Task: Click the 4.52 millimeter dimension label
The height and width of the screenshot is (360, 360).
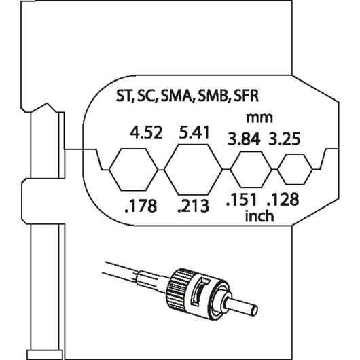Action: click(x=146, y=132)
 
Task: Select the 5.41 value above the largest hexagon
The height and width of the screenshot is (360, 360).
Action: click(x=194, y=132)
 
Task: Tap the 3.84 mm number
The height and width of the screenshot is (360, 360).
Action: click(x=244, y=139)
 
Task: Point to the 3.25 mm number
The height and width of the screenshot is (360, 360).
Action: click(x=285, y=139)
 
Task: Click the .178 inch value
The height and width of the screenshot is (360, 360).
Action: click(x=141, y=206)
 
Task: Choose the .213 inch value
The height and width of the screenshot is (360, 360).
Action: click(x=194, y=206)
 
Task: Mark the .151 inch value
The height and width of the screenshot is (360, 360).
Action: click(x=241, y=200)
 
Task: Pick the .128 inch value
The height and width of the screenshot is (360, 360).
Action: click(x=283, y=200)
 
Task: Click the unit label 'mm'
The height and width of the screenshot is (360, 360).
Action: click(x=259, y=118)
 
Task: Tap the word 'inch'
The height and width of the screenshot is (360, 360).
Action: click(x=259, y=216)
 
